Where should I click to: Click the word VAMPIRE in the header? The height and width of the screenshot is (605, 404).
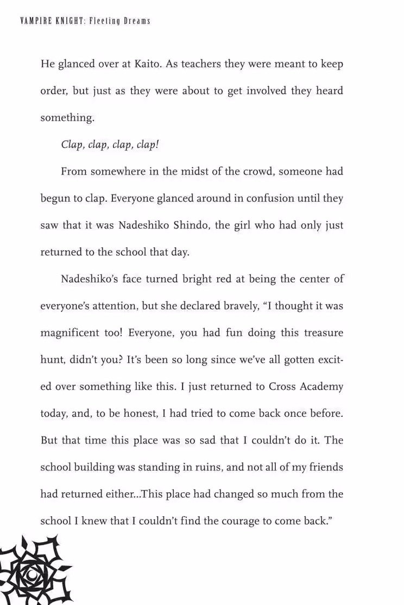tap(33, 21)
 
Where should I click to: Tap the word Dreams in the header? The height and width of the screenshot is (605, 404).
tap(136, 21)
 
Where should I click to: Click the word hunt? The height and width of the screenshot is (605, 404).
tap(53, 359)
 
